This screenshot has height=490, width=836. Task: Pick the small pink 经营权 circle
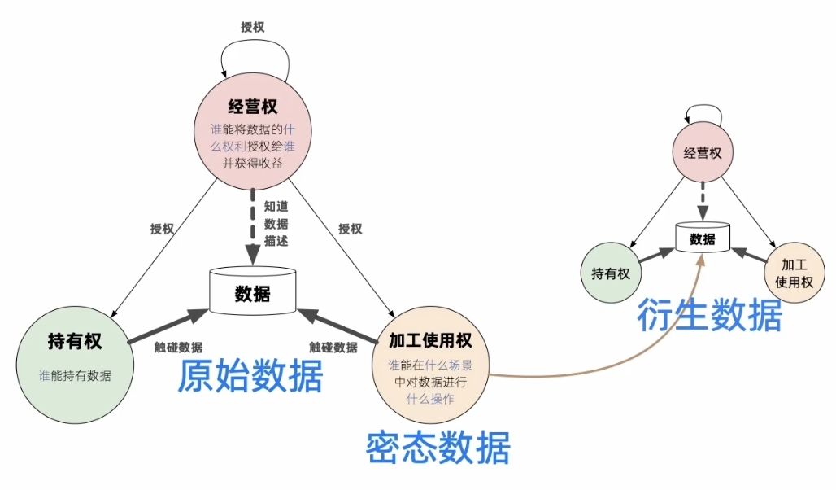702,152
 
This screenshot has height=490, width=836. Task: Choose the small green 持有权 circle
611,273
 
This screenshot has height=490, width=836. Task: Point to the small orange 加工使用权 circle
795,273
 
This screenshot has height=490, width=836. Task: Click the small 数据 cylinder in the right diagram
703,238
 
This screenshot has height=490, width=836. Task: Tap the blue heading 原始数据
250,377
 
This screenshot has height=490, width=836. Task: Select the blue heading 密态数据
438,447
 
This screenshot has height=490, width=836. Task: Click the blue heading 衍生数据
710,316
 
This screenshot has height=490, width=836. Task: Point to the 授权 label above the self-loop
252,27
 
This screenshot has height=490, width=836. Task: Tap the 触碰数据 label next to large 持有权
178,347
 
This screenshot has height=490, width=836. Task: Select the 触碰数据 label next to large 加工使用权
333,347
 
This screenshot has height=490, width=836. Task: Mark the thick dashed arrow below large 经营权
253,228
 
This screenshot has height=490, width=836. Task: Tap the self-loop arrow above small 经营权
703,112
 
